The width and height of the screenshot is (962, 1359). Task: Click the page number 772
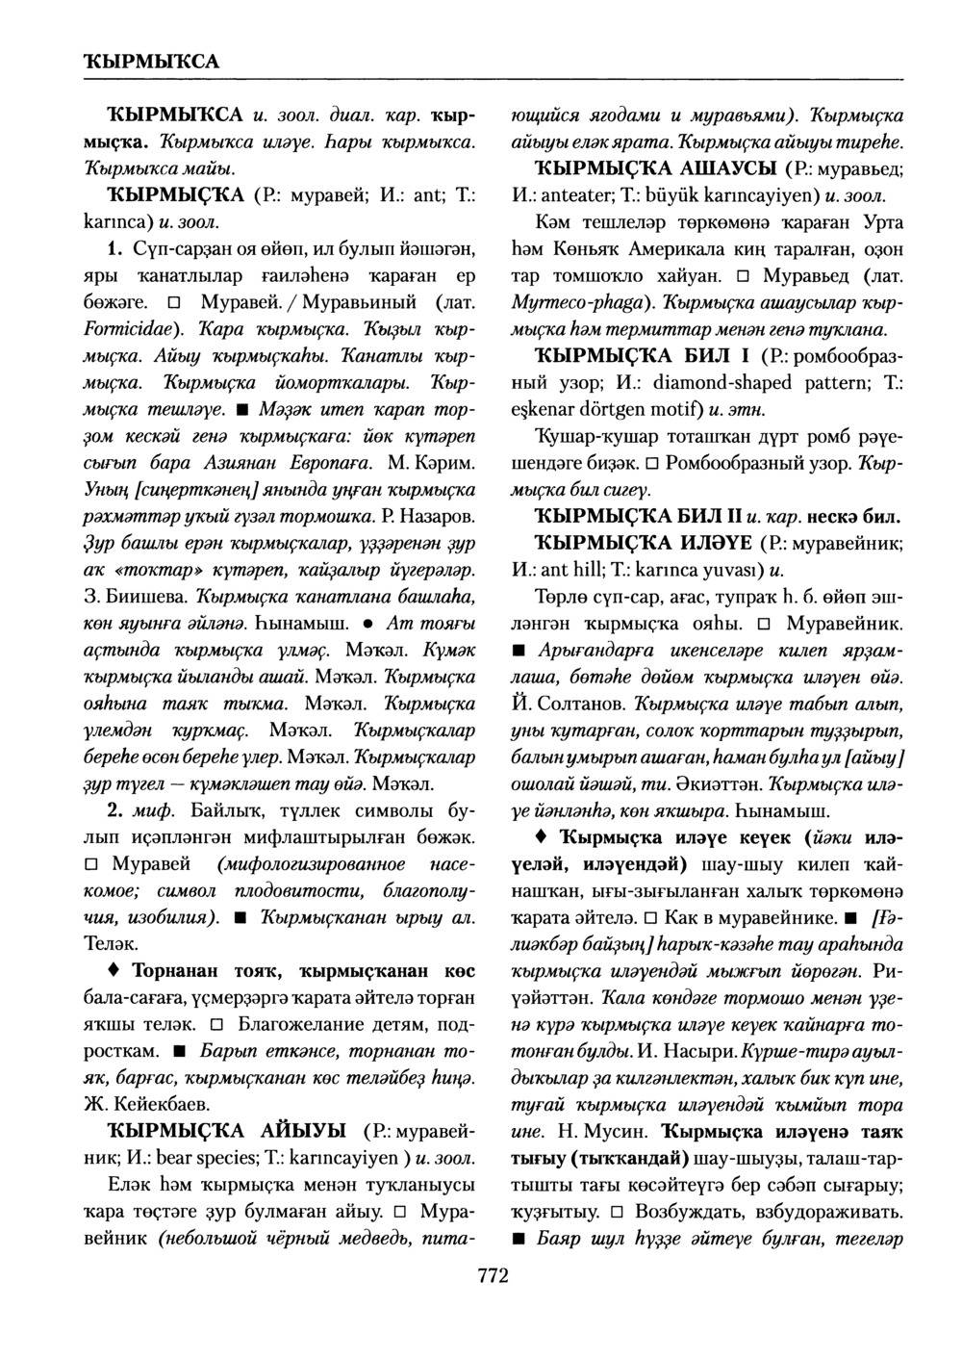pos(492,1276)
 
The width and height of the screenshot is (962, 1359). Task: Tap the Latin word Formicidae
pos(116,325)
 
